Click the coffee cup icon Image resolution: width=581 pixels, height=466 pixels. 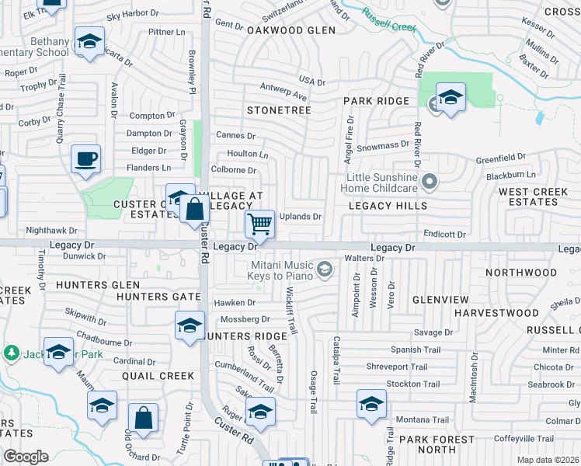tap(85, 159)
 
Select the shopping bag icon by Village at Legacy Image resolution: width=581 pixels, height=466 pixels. tap(194, 209)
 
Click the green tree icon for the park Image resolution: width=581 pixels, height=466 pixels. tap(11, 353)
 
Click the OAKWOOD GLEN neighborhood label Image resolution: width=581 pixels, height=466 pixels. tap(291, 30)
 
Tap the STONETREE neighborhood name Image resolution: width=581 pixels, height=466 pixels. tap(279, 110)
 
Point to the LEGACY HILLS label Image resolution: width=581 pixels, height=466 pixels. tap(388, 206)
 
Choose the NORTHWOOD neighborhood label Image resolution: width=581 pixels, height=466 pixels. tap(520, 273)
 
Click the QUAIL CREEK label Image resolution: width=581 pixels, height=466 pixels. tap(158, 376)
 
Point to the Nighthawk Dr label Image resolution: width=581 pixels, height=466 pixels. tap(52, 231)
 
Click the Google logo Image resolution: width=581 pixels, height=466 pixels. tap(26, 457)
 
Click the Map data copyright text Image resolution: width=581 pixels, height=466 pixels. tap(548, 460)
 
